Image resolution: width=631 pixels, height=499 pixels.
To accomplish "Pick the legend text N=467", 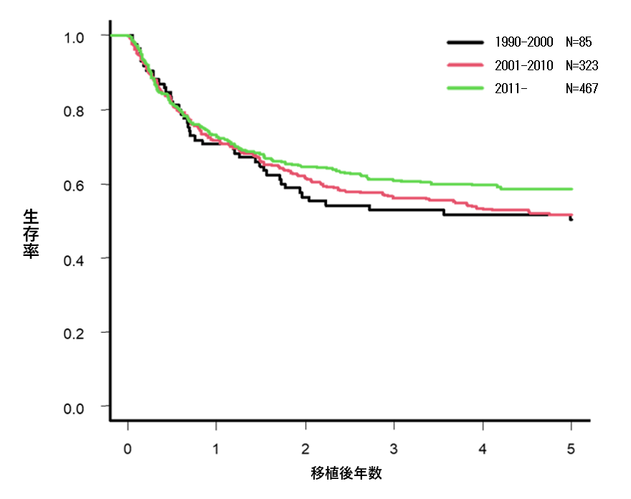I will (x=582, y=88).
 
